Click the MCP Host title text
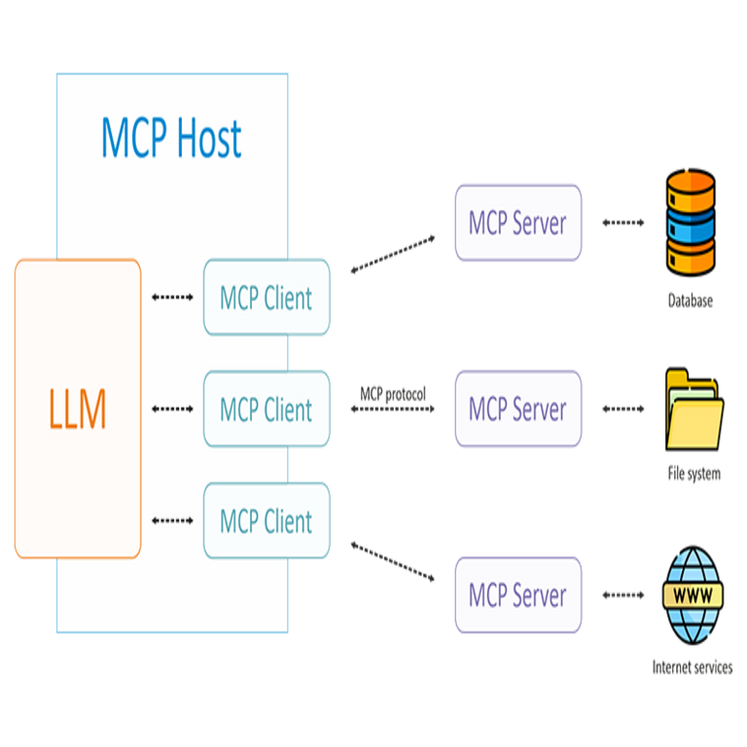point(171,139)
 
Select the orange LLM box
point(78,409)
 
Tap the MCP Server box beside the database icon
point(517,223)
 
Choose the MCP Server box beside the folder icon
point(517,409)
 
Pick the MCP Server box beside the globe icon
point(517,594)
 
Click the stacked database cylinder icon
point(691,221)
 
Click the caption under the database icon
point(691,301)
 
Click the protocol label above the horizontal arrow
point(393,393)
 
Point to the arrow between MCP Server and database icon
point(623,223)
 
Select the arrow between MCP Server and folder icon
point(623,409)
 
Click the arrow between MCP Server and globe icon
point(623,594)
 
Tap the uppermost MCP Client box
point(267,297)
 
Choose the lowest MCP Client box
point(267,521)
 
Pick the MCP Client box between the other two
point(267,409)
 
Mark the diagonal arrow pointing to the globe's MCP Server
point(393,564)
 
